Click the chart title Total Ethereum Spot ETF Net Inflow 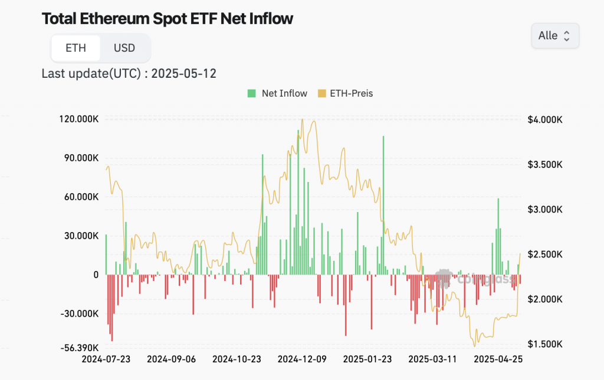tap(167, 18)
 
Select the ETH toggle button tap(75, 48)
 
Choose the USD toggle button tap(124, 48)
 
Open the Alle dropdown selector tap(554, 35)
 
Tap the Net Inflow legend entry tap(277, 93)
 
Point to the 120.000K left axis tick tap(78, 119)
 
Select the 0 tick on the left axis tap(96, 275)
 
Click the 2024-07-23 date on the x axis tap(106, 359)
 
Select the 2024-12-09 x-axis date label tap(302, 359)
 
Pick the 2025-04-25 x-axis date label tap(498, 359)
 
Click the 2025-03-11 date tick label tap(433, 359)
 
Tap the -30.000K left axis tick tap(80, 313)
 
